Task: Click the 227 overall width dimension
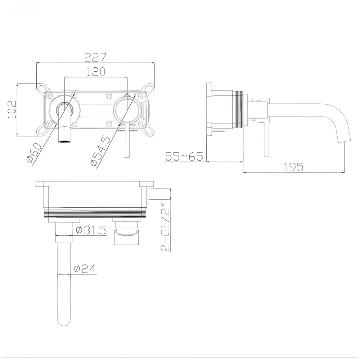(96, 57)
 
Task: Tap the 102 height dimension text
(12, 109)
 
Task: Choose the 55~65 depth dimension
(184, 157)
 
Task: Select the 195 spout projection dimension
(293, 167)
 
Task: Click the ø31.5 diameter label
(91, 230)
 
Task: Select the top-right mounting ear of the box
(149, 88)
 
